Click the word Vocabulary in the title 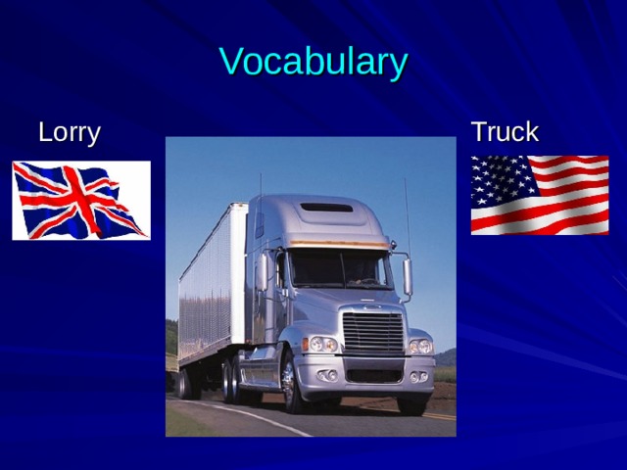click(x=313, y=62)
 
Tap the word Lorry click(x=69, y=132)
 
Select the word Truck click(x=505, y=132)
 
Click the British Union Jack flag click(x=81, y=200)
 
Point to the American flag click(x=540, y=195)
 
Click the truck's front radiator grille click(x=372, y=333)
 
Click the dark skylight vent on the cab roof click(x=326, y=207)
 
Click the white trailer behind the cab click(x=211, y=284)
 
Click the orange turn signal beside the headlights click(x=306, y=345)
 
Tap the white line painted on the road click(x=255, y=416)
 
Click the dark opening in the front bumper click(x=373, y=375)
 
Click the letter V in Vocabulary click(x=231, y=62)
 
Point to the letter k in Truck click(x=530, y=132)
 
